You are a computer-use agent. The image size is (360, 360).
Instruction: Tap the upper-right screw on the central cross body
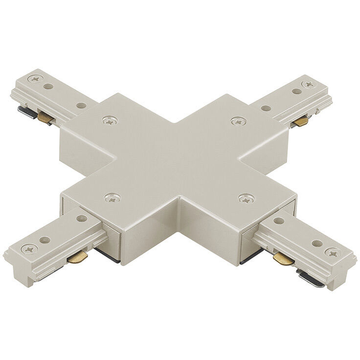point(238,120)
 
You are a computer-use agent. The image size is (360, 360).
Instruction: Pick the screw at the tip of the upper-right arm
point(309,84)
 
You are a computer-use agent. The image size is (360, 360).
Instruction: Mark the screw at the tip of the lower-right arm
point(334,253)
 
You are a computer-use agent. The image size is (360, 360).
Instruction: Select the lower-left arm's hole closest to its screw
point(45,240)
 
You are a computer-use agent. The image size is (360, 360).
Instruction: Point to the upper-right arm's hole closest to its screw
point(295,91)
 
